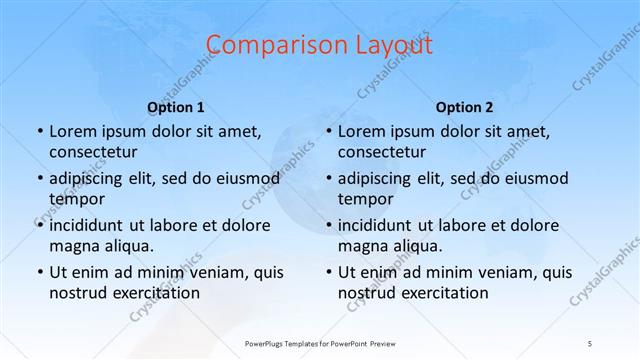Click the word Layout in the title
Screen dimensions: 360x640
(x=392, y=45)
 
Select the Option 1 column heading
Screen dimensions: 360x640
(x=176, y=106)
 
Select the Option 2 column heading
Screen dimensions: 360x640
(x=465, y=106)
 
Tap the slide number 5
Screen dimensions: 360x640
(x=590, y=343)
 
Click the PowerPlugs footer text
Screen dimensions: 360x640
(x=320, y=343)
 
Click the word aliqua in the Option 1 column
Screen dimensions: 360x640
(x=128, y=245)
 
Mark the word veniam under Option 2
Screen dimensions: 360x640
(x=497, y=271)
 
